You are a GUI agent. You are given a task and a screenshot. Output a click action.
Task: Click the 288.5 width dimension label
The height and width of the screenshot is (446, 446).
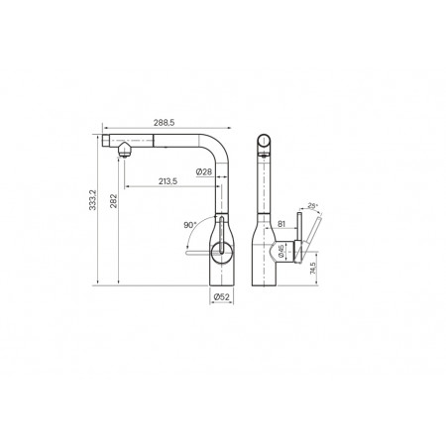[x=164, y=123]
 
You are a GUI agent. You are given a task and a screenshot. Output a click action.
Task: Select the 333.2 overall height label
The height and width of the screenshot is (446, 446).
[x=93, y=200]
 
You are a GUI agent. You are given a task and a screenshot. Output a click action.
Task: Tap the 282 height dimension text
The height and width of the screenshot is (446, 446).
[x=113, y=201]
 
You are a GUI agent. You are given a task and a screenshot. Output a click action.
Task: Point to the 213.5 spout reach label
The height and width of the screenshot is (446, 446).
[x=167, y=181]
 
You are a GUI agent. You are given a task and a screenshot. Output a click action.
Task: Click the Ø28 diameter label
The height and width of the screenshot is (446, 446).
[x=204, y=171]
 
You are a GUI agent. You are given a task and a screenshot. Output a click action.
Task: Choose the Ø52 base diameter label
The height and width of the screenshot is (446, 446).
[x=221, y=297]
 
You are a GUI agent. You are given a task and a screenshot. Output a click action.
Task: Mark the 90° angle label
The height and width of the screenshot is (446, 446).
[x=190, y=225]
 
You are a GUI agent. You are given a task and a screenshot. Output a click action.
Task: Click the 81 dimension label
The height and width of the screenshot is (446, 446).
[x=281, y=224]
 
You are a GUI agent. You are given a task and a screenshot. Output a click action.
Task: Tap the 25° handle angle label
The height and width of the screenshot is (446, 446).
[x=312, y=205]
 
